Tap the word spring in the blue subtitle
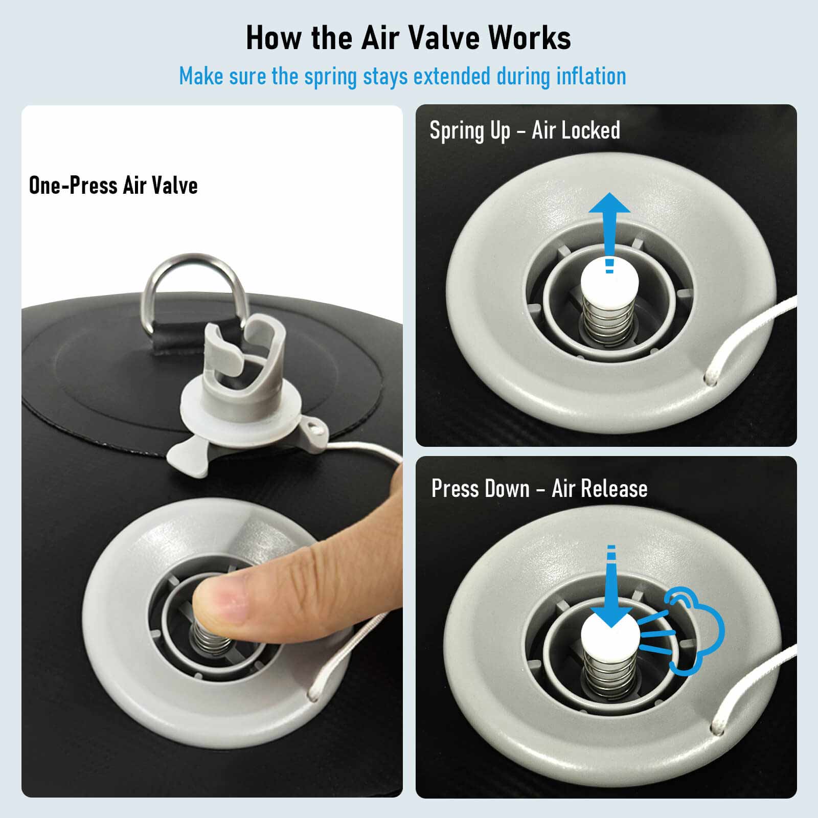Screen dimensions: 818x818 [330, 77]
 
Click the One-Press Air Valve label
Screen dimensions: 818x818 [113, 185]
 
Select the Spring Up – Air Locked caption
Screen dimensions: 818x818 [525, 130]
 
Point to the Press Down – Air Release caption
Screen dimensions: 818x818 [539, 489]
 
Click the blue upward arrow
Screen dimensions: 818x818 [609, 225]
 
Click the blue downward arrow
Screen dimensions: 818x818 [611, 593]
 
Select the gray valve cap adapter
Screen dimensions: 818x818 [240, 389]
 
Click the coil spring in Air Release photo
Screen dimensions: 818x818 [607, 670]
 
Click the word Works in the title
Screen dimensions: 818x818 [529, 38]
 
